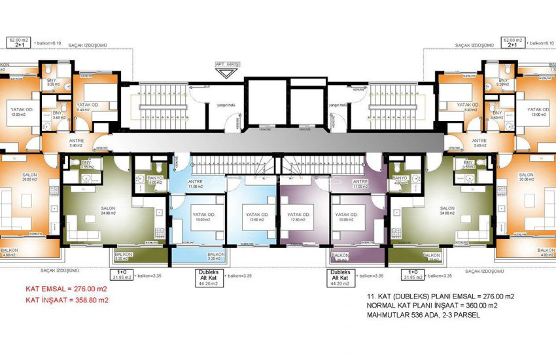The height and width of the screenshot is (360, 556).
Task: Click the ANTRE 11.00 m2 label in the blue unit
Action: (x=196, y=184)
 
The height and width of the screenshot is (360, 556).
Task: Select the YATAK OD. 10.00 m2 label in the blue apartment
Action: (x=201, y=217)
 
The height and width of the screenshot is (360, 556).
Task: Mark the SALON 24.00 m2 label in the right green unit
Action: (x=447, y=210)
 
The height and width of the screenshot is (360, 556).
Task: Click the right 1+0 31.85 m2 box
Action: (x=413, y=274)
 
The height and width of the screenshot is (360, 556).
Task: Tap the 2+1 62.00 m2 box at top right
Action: (x=512, y=43)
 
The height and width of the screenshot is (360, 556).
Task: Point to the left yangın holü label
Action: (x=218, y=104)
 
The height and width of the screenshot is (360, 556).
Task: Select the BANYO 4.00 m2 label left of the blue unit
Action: (x=155, y=180)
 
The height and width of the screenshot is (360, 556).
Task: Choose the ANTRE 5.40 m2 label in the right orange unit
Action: (x=479, y=143)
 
